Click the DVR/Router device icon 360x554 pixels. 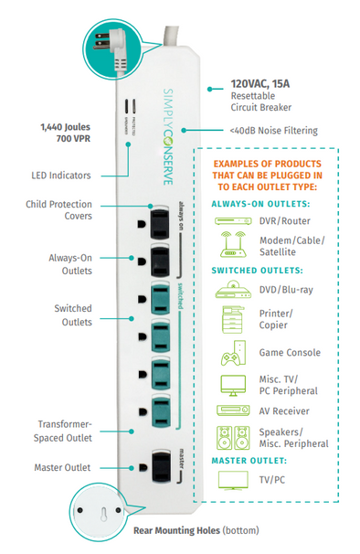click(x=231, y=220)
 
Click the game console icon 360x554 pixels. click(x=231, y=352)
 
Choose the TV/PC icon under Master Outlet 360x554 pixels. click(x=231, y=478)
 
